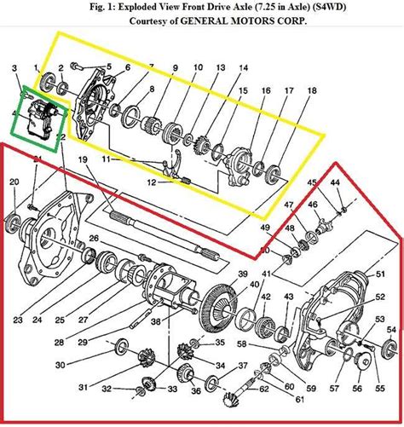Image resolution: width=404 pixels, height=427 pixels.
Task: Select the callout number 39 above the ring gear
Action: click(x=242, y=274)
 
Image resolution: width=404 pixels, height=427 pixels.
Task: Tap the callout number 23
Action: click(x=18, y=320)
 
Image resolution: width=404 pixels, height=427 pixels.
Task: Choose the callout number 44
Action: click(x=335, y=184)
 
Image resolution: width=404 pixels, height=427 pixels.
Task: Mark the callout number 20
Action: click(x=14, y=182)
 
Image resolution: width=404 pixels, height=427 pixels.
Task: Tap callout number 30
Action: click(x=61, y=364)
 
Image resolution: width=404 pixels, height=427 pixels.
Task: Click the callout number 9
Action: click(x=174, y=67)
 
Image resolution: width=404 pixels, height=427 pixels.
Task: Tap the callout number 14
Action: click(x=243, y=67)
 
